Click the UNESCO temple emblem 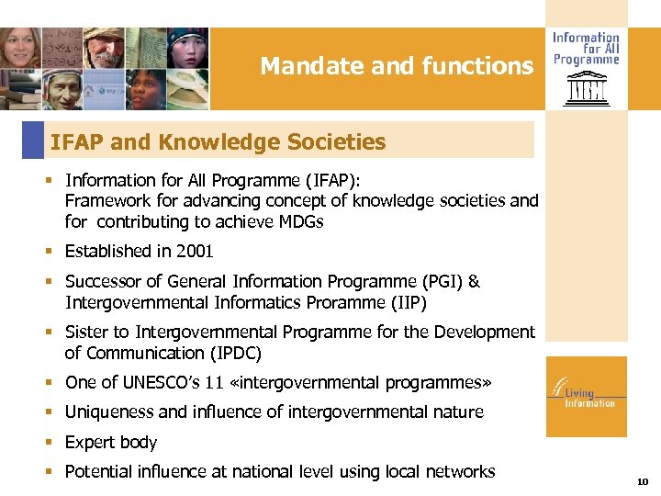585,90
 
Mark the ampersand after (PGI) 474,282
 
